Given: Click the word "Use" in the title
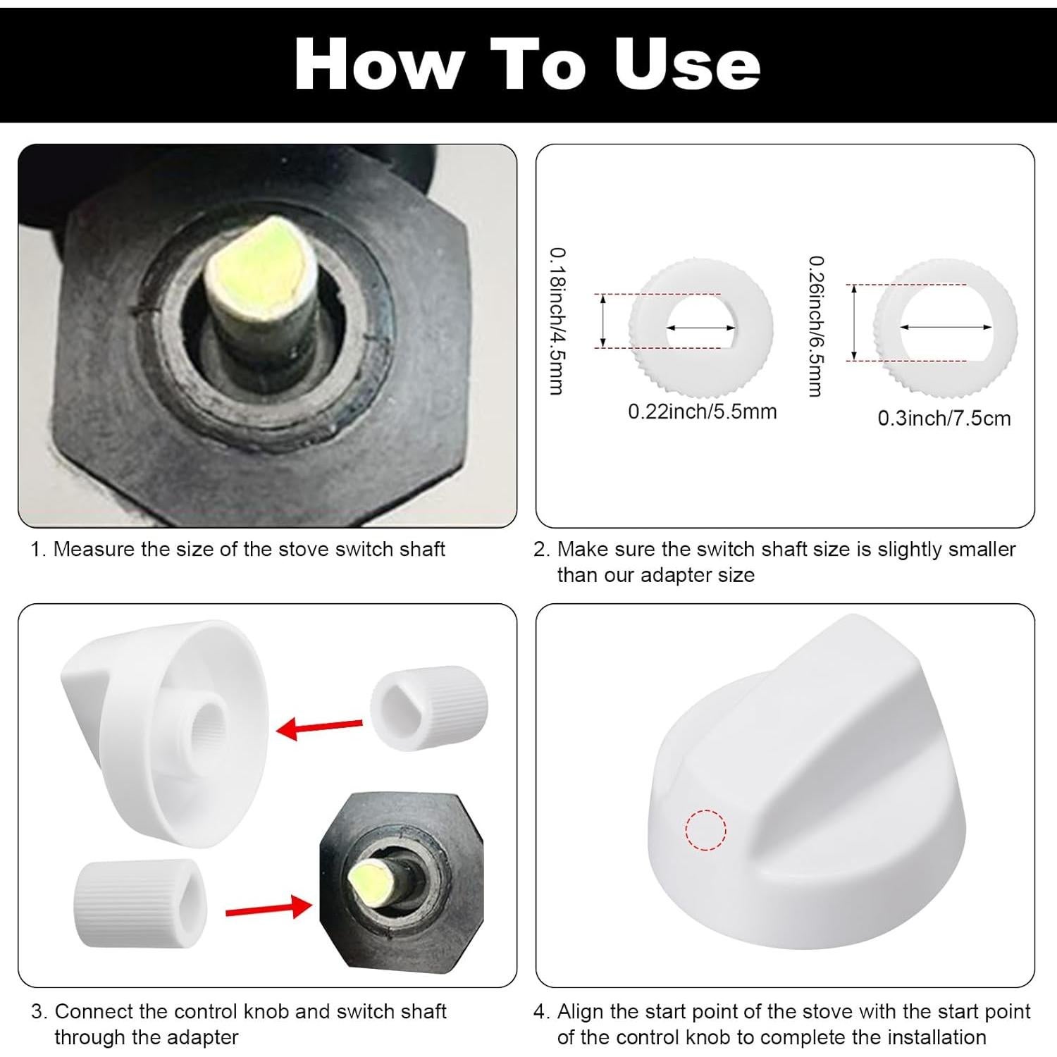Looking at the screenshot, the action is [x=687, y=64].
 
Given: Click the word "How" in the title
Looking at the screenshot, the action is [x=380, y=64].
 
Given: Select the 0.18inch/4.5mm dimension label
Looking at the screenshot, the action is [x=557, y=321].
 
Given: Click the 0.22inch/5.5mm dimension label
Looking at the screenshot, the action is [x=703, y=412].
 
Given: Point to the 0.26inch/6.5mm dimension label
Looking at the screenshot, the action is [x=815, y=326].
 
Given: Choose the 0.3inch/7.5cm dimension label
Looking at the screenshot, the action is [x=944, y=419].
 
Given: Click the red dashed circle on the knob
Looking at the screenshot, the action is [x=706, y=830].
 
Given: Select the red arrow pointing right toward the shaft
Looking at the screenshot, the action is [x=268, y=908].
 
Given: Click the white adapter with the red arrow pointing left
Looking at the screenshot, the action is [x=429, y=708].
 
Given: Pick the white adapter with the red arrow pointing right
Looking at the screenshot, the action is [x=140, y=903].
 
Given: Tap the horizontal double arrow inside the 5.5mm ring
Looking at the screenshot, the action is [x=701, y=328].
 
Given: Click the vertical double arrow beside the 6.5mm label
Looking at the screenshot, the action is [x=854, y=322].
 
